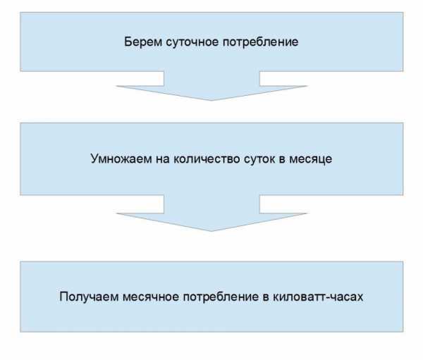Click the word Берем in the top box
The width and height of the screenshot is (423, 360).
coord(143,42)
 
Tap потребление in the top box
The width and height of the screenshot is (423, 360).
coord(261,42)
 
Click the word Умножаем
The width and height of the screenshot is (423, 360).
coord(121,159)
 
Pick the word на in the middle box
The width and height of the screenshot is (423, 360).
coord(163,159)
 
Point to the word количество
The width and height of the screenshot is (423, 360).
coord(207,159)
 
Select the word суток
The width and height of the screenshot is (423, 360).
coord(259,159)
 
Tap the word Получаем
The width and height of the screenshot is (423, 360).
coord(89,297)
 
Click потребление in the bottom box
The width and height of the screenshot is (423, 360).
coord(221,297)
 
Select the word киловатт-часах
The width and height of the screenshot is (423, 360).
coord(318,297)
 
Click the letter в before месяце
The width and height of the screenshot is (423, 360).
coord(282,159)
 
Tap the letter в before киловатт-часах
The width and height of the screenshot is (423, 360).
coord(266,297)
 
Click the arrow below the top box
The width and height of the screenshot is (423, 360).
coord(211,86)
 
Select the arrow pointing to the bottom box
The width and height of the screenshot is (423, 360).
coord(211,213)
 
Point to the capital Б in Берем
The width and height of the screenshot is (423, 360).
coord(128,42)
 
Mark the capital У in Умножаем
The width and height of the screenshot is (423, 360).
coord(94,159)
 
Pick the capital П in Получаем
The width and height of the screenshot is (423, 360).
coord(63,297)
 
